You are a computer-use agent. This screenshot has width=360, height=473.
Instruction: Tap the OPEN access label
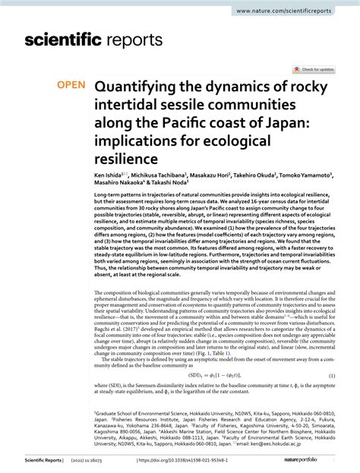(72, 86)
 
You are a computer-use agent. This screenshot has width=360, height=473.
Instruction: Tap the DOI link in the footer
(181, 460)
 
